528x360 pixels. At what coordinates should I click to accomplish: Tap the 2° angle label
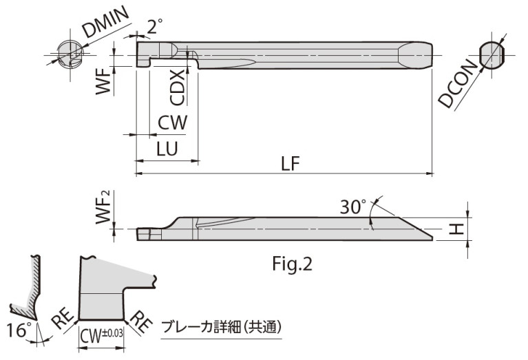click(x=155, y=27)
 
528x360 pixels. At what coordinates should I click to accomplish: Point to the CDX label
click(x=177, y=87)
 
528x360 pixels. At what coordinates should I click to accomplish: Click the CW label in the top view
click(x=171, y=123)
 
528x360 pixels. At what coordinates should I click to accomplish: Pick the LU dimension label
click(x=167, y=149)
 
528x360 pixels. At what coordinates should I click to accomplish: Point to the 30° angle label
click(x=355, y=207)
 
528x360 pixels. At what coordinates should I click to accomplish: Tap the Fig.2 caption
click(x=293, y=264)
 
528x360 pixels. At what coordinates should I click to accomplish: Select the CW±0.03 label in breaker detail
click(x=101, y=335)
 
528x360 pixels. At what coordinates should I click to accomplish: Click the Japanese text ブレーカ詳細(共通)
click(x=221, y=328)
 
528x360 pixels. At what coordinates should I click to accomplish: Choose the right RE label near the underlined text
click(x=142, y=321)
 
